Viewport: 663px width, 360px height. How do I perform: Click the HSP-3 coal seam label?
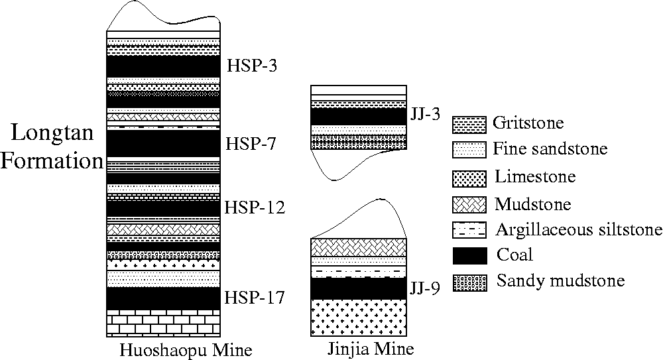pos(252,66)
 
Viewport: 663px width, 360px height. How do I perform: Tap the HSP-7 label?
pos(251,144)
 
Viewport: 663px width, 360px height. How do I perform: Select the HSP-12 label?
pos(255,208)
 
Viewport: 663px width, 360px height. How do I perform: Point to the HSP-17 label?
pos(255,298)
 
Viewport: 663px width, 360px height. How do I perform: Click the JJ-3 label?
pos(426,114)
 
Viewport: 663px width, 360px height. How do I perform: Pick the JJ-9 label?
pos(424,288)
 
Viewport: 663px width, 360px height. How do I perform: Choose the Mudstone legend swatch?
pos(469,205)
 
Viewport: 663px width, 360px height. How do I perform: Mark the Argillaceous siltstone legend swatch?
pos(469,229)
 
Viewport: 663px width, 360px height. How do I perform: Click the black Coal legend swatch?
pos(469,255)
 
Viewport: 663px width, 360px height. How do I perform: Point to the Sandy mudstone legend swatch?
pos(469,282)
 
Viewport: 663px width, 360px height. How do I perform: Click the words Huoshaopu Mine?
pos(186,350)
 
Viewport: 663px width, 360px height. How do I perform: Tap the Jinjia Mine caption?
pos(371,349)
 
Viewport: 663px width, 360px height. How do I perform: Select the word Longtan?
pos(52,133)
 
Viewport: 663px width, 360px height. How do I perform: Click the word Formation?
pos(52,161)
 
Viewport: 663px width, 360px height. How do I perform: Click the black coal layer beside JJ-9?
pos(359,288)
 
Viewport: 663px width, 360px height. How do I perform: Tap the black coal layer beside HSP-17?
pos(163,298)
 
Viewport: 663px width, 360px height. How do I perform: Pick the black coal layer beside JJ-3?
pos(359,117)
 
